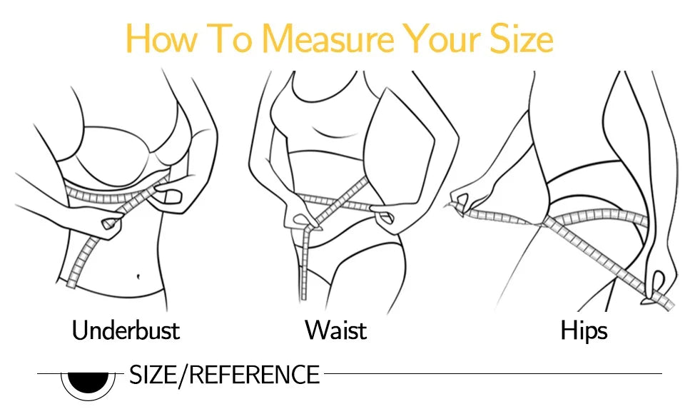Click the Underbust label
[126, 330]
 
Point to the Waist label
[335, 330]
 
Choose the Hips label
[584, 330]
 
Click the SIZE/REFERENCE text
[224, 374]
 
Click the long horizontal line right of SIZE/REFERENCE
[492, 373]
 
